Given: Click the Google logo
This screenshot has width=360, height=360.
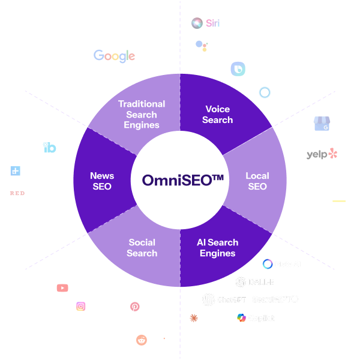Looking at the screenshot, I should pyautogui.click(x=114, y=56).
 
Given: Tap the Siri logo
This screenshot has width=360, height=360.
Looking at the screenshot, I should pyautogui.click(x=205, y=23).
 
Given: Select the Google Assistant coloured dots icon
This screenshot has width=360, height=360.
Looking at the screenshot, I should pyautogui.click(x=202, y=46).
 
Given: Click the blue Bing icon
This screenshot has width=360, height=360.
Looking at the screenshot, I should pyautogui.click(x=238, y=69).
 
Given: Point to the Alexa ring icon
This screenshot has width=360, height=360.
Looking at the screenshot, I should pyautogui.click(x=265, y=92).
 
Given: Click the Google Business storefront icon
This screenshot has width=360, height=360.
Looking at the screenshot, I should pyautogui.click(x=322, y=124).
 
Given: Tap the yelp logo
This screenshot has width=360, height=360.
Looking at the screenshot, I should pyautogui.click(x=322, y=154).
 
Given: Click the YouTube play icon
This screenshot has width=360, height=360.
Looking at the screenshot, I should pyautogui.click(x=62, y=288).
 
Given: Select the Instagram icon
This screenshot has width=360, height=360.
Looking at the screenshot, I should pyautogui.click(x=81, y=306).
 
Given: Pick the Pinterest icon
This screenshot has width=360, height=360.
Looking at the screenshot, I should pyautogui.click(x=135, y=307).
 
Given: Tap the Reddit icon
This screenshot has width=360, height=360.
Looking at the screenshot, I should pyautogui.click(x=142, y=340).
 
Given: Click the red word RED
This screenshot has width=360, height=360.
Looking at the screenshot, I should pyautogui.click(x=17, y=193).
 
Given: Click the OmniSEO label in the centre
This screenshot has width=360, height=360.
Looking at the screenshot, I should pyautogui.click(x=178, y=180).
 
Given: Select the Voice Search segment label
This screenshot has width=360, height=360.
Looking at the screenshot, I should pyautogui.click(x=217, y=115).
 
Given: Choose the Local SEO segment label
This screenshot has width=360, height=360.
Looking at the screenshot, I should pyautogui.click(x=257, y=181).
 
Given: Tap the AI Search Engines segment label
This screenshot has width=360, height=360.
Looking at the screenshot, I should pyautogui.click(x=217, y=248).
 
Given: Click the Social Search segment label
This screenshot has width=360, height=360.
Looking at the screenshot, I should pyautogui.click(x=142, y=248).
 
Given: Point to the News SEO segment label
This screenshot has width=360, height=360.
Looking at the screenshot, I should pyautogui.click(x=102, y=181).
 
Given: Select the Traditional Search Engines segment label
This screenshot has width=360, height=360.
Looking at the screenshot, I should pyautogui.click(x=142, y=115).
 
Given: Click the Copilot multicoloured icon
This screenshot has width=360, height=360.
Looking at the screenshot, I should pyautogui.click(x=241, y=317).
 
